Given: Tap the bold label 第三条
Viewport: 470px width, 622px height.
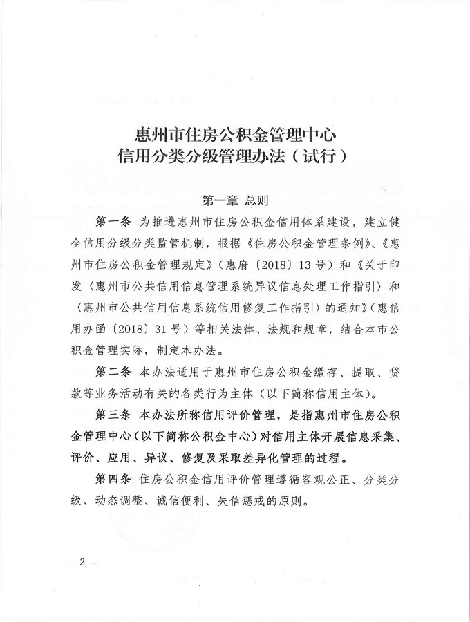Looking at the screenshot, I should (111, 415).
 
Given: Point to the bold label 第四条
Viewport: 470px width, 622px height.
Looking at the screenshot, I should (111, 478).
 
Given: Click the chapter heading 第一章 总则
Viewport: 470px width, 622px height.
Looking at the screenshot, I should (234, 200).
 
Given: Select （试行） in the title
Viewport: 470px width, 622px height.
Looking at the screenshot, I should (319, 155).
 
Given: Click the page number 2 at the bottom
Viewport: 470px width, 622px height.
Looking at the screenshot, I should (82, 561).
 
